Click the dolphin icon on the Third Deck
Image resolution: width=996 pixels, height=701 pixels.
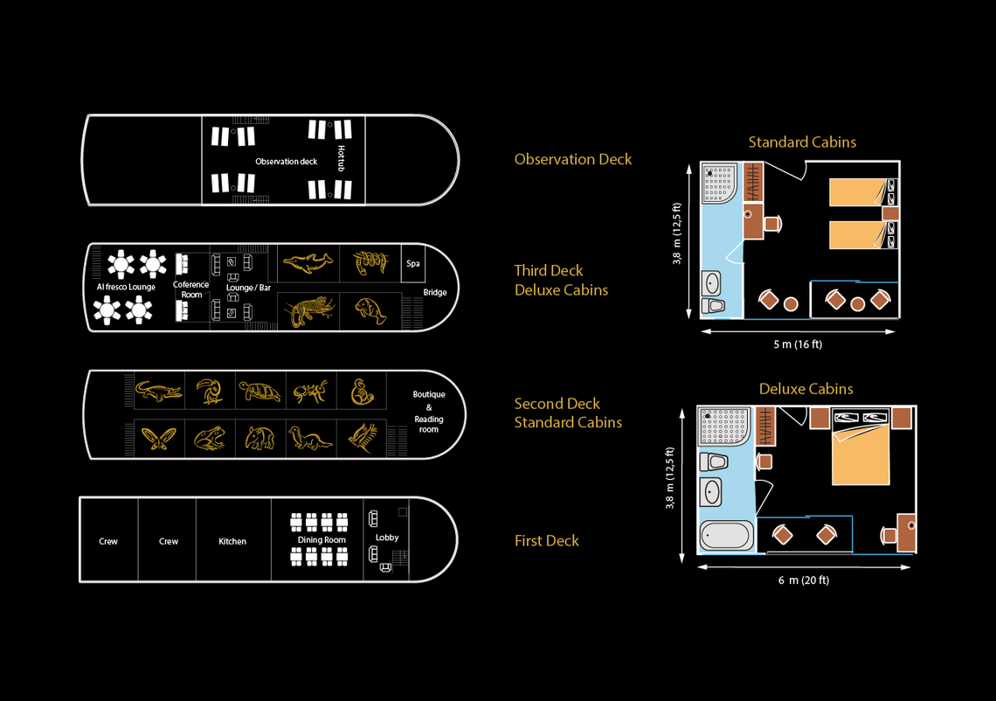[308, 261]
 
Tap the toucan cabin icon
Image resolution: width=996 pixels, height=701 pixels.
[209, 391]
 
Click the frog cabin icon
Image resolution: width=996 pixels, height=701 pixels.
[209, 437]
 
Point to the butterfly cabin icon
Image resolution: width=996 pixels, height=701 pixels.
[158, 437]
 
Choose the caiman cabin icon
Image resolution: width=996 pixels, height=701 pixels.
[158, 391]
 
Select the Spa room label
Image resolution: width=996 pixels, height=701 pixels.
[413, 263]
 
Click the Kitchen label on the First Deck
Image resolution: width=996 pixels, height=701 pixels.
[232, 542]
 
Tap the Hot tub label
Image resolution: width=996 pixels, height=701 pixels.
[341, 158]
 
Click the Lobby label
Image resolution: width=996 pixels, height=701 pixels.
[387, 538]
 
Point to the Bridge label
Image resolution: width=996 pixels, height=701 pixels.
[435, 293]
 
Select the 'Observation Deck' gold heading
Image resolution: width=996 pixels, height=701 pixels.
[573, 159]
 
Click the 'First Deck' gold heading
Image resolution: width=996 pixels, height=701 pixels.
[547, 541]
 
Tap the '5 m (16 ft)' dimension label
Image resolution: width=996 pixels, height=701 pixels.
[798, 344]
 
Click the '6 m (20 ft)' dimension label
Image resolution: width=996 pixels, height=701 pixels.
[804, 580]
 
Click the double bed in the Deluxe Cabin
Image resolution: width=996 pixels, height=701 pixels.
[861, 455]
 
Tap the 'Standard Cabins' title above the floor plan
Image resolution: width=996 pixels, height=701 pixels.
[802, 142]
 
